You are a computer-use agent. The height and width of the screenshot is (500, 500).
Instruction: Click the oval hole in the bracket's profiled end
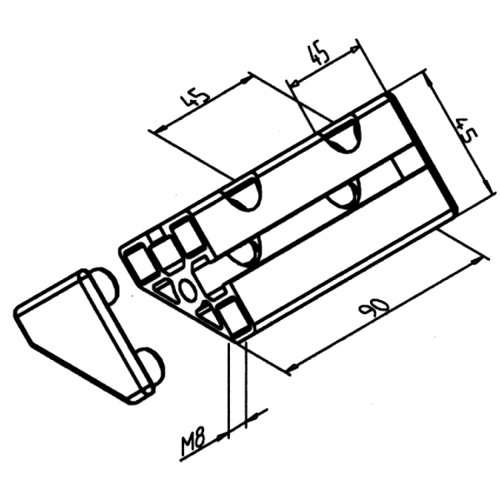point(188,289)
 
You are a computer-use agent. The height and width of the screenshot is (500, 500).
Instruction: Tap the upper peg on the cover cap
point(102,284)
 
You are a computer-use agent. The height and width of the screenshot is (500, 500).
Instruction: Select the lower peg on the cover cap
point(150,364)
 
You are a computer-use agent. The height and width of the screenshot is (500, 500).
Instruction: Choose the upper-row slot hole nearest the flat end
point(343,137)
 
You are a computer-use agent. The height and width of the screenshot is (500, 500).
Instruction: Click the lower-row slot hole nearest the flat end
point(342,197)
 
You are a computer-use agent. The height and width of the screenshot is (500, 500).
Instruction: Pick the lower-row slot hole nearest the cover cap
point(248,250)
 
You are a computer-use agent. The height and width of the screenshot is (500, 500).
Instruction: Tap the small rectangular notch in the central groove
point(408,164)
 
